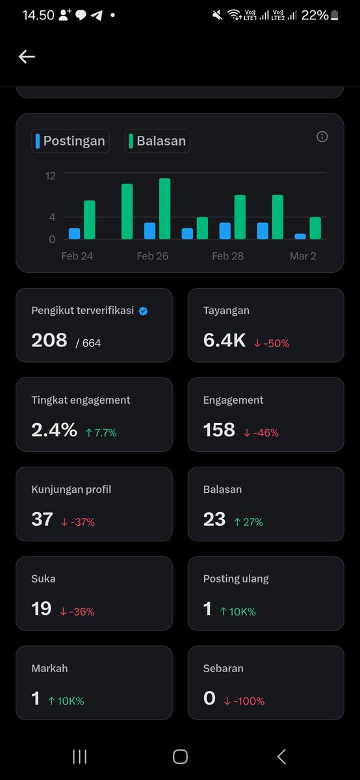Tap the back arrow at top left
[27, 57]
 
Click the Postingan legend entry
[70, 140]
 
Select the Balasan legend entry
[158, 140]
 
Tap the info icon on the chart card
[322, 136]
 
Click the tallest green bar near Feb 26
[164, 209]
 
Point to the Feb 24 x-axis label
[77, 256]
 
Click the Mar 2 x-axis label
[303, 256]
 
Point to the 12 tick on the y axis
[50, 175]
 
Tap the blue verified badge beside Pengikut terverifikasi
[144, 311]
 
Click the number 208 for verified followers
[49, 340]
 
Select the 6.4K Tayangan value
[224, 340]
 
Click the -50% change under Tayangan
[272, 343]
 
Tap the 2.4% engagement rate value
[54, 430]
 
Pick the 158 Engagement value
[219, 430]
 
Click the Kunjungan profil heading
[71, 489]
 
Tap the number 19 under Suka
[42, 608]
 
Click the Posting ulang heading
[236, 578]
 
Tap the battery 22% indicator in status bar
[320, 15]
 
